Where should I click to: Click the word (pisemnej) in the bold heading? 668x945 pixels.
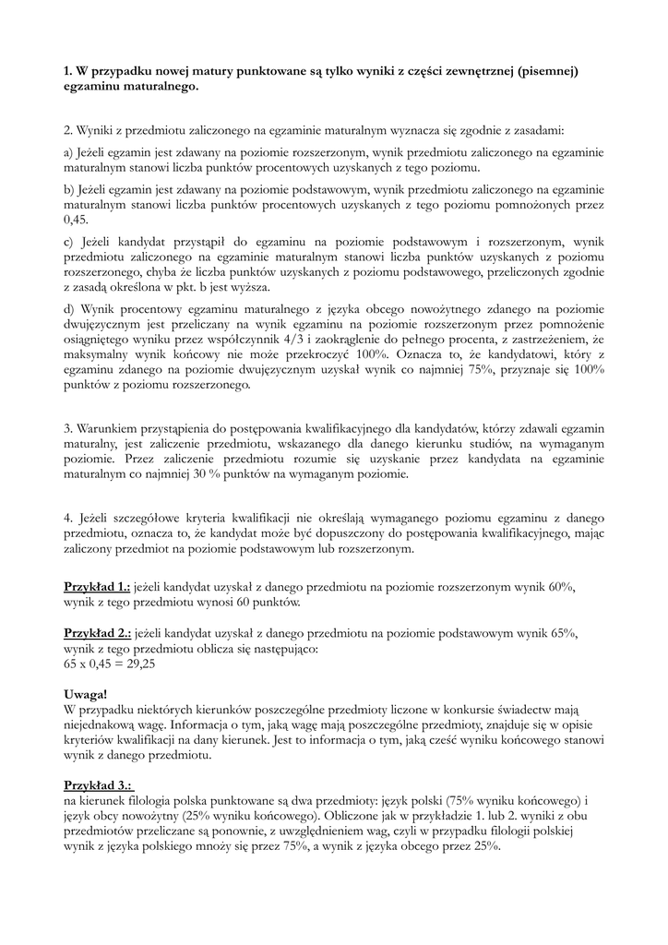pos(546,71)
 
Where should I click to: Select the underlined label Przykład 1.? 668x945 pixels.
pos(97,587)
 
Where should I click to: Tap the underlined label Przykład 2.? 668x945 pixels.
pos(97,633)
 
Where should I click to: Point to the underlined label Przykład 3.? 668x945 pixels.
pos(97,784)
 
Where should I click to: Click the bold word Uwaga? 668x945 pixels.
pos(87,693)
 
